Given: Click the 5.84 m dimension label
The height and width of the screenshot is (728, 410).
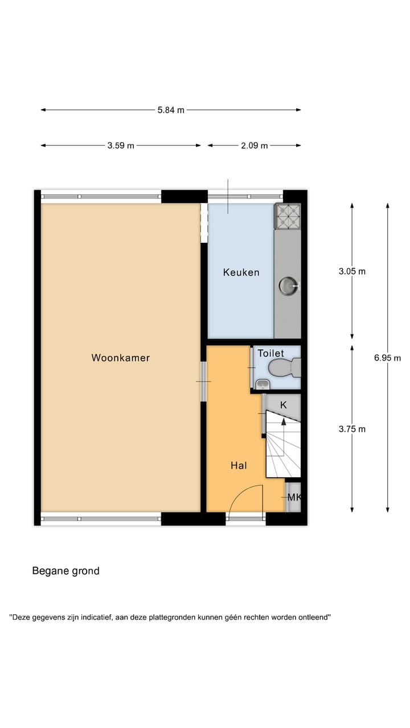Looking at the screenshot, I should pos(171,110).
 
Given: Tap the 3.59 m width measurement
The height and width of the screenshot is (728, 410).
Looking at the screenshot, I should pos(121,146).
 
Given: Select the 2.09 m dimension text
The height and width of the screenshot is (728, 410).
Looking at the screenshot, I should pos(254,146).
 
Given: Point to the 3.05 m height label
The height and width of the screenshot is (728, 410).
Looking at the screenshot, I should pos(352,271).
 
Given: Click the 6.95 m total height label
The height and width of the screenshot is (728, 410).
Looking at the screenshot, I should pos(388,358).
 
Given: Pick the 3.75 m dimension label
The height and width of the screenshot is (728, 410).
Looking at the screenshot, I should pos(352,429).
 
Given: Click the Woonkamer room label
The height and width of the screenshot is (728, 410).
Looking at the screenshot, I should pos(120,358).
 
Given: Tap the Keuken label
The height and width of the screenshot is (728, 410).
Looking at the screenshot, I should pos(241,272).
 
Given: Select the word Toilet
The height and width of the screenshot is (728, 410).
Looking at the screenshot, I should pos(270,354).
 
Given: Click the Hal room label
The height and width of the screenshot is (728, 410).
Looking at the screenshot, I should pos(239,465).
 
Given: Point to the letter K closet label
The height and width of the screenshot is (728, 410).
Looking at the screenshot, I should pos(282,404).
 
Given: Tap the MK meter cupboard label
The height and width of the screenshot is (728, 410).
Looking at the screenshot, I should pos(294,498).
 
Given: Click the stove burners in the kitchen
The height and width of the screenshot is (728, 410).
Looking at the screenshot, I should pos(288,216).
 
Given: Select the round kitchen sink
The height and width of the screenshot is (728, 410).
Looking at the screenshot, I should pos(288,284).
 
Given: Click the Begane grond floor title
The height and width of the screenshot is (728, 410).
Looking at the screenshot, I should pos(65,571).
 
